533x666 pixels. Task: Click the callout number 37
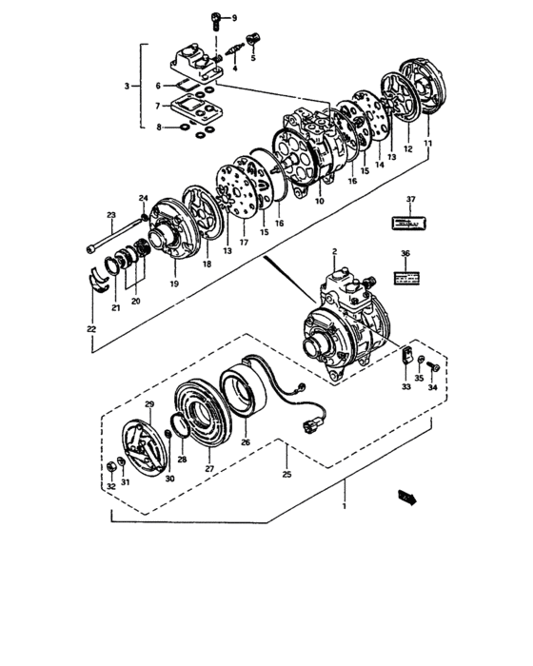click(x=411, y=200)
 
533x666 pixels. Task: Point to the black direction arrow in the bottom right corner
click(x=409, y=495)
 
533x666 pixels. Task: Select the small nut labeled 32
click(x=112, y=468)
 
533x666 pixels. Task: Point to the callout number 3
click(x=128, y=88)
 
